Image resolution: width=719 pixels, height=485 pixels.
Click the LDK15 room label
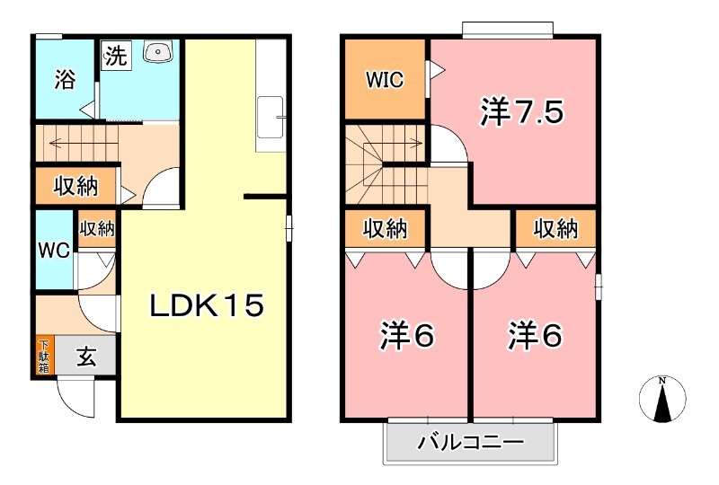pos(206,306)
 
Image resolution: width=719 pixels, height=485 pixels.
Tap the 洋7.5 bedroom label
pos(521,111)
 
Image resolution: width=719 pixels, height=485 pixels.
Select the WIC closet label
pos(384,80)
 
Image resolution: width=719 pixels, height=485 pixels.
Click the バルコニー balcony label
pos(470,442)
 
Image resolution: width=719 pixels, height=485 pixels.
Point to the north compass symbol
pos(662,400)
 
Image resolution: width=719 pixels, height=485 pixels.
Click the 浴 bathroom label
pos(64,80)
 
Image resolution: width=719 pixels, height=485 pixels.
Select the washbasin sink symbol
pos(157,52)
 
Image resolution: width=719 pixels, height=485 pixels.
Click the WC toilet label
pos(53,251)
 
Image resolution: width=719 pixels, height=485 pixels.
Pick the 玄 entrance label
pos(86,357)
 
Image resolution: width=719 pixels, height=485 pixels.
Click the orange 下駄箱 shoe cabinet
pos(43,357)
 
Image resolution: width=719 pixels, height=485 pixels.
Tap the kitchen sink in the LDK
pos(271,118)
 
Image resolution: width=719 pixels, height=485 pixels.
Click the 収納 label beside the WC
pos(96,229)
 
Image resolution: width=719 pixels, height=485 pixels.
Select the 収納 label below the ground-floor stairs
pos(75,187)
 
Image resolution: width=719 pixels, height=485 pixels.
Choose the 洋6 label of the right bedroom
pos(535,336)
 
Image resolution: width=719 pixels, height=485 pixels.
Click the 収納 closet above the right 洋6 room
pos(555,229)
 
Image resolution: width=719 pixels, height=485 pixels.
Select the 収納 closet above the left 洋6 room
pos(385,229)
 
